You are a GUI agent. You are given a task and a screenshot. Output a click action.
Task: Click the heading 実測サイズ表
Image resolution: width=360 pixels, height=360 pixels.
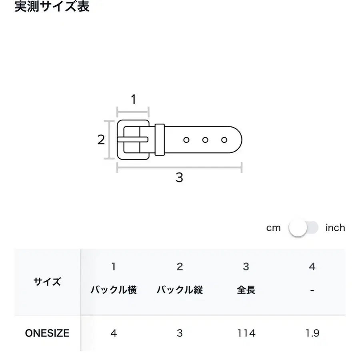(x=52, y=6)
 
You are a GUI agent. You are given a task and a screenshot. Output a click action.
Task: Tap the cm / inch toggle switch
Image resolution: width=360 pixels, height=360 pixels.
(x=303, y=228)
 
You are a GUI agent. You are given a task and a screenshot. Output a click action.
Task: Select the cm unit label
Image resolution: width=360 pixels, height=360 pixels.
(x=273, y=228)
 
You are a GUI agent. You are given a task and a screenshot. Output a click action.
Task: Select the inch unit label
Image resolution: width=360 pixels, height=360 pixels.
(x=335, y=228)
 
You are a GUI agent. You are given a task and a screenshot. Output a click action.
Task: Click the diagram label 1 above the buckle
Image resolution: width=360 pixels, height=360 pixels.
(x=133, y=99)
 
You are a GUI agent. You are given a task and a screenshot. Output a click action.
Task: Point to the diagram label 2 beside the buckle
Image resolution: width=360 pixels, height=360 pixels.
(x=101, y=140)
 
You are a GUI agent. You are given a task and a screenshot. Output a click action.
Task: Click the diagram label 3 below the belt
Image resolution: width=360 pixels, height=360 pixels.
(x=179, y=178)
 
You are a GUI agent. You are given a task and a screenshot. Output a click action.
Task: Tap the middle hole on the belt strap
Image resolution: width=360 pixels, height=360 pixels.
(x=205, y=140)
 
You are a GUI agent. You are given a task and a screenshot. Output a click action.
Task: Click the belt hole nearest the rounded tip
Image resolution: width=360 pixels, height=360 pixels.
(x=224, y=140)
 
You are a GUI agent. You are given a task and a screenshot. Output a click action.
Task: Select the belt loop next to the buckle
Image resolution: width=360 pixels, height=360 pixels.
(x=160, y=140)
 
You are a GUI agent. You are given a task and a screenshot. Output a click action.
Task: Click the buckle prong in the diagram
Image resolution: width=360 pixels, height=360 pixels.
(x=133, y=139)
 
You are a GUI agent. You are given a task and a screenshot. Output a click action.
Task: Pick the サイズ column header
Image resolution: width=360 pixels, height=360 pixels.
(x=47, y=282)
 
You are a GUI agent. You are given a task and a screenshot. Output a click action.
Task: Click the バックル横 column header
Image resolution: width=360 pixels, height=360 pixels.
(x=114, y=290)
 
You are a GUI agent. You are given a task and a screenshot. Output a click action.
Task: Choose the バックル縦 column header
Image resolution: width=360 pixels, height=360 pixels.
(x=180, y=290)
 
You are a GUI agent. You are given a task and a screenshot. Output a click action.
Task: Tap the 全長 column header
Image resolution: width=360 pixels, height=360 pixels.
(x=246, y=290)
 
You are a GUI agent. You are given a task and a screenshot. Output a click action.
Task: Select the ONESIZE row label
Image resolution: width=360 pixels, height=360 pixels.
(x=47, y=333)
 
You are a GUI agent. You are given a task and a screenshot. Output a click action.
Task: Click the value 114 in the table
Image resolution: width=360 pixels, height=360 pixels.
(x=246, y=333)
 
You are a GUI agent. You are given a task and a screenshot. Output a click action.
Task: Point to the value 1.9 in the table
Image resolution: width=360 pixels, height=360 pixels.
(x=312, y=333)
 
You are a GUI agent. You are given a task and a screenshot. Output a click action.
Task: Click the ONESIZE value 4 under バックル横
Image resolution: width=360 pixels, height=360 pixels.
(x=114, y=333)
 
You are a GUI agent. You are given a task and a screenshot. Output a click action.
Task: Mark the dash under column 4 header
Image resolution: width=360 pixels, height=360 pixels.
(x=312, y=291)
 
